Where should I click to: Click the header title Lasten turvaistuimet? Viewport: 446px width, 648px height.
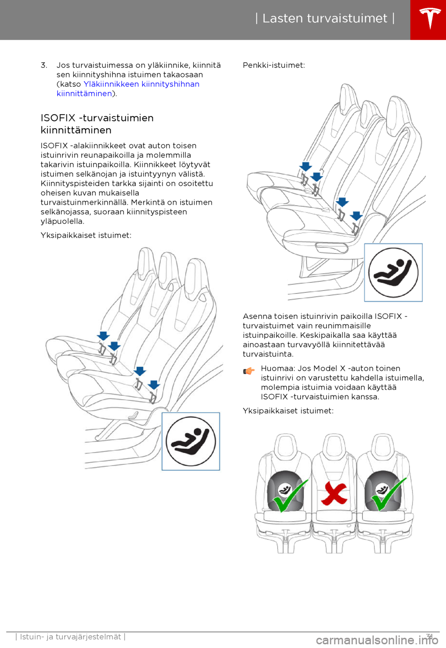tap(325, 19)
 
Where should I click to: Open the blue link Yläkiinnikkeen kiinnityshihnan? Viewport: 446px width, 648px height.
tap(141, 84)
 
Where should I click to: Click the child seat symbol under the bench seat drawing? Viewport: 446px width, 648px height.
tap(393, 272)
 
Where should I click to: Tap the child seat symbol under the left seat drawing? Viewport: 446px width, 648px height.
tap(190, 441)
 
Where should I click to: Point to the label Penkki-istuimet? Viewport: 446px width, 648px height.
tap(274, 65)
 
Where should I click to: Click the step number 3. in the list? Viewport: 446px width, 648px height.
tap(44, 65)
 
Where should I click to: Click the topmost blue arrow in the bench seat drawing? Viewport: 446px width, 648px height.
tap(306, 167)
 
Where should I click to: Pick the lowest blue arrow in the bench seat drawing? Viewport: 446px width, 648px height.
tap(356, 216)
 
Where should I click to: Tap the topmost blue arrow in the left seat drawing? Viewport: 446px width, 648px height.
tap(103, 336)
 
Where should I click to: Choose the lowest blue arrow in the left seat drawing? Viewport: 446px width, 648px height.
tap(154, 385)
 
